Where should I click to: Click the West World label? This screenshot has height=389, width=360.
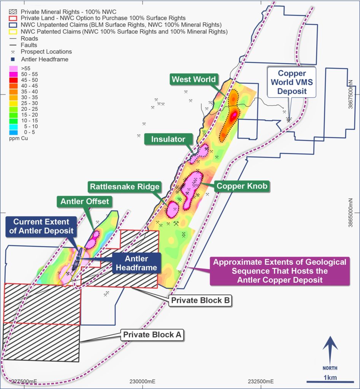(x=193, y=80)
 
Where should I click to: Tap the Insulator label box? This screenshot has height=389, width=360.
(x=168, y=139)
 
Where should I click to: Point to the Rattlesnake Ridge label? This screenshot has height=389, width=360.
(x=124, y=187)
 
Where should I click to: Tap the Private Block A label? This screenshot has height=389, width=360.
(x=153, y=335)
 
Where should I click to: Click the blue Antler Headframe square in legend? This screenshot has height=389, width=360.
(x=13, y=59)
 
